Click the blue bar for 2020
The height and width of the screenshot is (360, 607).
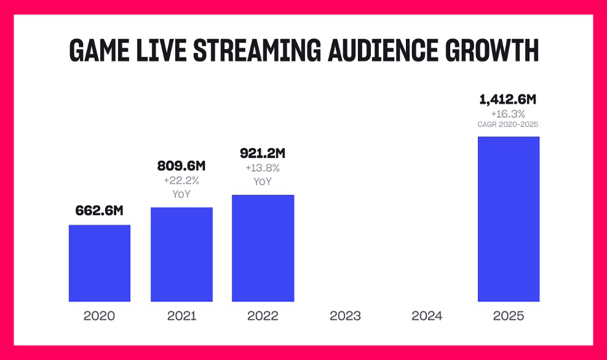(x=99, y=263)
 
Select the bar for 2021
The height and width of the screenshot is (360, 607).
(x=181, y=254)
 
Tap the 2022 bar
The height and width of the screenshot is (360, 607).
(x=263, y=248)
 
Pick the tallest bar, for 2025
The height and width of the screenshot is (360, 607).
(x=508, y=219)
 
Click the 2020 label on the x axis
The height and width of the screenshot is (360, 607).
(x=99, y=316)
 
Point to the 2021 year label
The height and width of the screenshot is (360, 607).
(x=181, y=316)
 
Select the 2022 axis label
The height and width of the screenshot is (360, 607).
(x=263, y=316)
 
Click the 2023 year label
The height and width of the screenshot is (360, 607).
(x=345, y=316)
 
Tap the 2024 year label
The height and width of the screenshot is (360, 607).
(x=427, y=316)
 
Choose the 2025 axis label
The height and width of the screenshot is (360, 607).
(x=508, y=316)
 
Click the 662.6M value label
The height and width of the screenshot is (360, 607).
(x=100, y=210)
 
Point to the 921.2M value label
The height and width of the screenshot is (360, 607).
(x=263, y=153)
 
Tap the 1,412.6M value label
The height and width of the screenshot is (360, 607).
(x=508, y=100)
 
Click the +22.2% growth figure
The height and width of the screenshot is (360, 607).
(x=181, y=180)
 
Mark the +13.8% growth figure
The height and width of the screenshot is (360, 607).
(x=263, y=167)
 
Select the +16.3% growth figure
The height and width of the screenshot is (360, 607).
(x=508, y=114)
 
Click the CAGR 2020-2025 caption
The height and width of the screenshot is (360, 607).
(x=508, y=124)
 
